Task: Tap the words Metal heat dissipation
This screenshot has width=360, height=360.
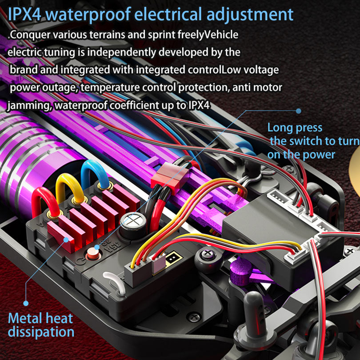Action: point(40,325)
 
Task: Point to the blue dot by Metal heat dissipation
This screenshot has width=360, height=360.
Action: point(25,303)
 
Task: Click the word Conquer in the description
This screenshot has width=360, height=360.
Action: point(29,35)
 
